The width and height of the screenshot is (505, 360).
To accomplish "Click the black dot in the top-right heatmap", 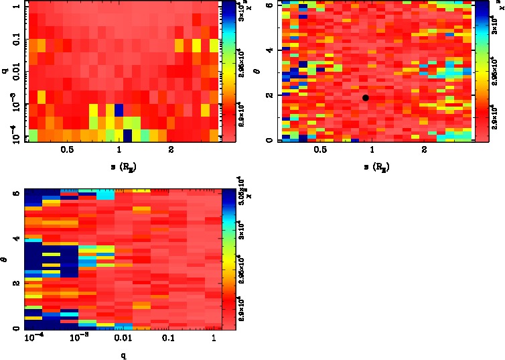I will coord(365,98).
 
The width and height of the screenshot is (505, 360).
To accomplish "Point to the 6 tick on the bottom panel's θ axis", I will coord(15,193).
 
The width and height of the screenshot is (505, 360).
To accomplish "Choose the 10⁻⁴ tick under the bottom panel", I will coord(33,339).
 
